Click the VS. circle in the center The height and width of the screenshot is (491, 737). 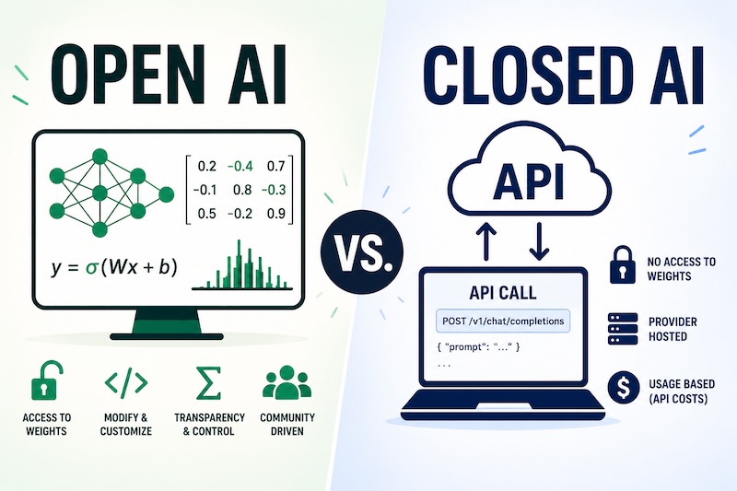[x=362, y=251]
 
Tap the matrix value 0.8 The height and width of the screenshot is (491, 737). [x=242, y=190]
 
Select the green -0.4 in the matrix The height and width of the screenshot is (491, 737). [x=240, y=166]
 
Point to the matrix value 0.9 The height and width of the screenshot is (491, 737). [x=275, y=214]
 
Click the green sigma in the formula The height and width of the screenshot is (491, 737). [x=90, y=267]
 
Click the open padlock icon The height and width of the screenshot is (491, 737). [x=45, y=380]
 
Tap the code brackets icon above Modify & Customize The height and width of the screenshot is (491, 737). [x=126, y=382]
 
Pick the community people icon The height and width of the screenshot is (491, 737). [x=287, y=383]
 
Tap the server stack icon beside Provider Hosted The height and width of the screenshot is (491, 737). [x=623, y=329]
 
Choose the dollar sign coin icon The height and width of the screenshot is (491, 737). [x=624, y=388]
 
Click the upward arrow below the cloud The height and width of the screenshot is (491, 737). [x=485, y=241]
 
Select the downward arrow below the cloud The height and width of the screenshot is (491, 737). [x=539, y=241]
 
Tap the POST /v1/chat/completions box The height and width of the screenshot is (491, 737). [x=503, y=321]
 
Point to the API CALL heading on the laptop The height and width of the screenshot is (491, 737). [x=502, y=293]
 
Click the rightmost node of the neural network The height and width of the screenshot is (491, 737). [x=166, y=194]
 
